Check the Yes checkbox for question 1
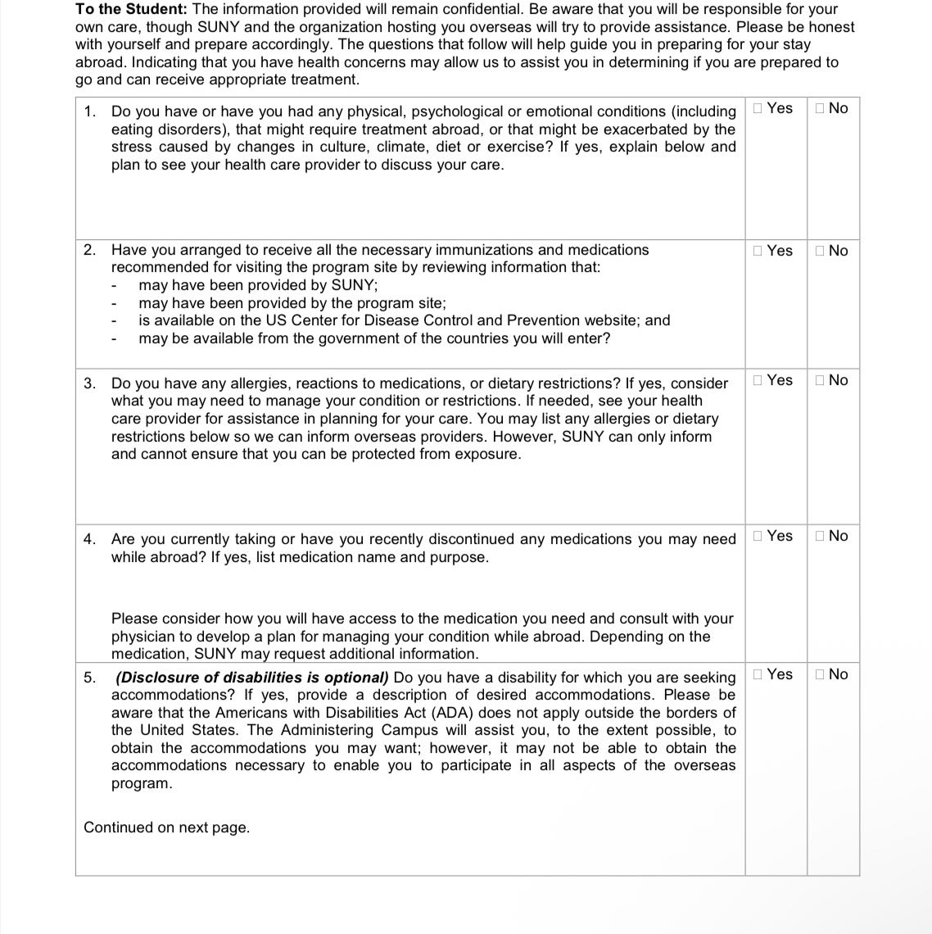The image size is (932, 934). (758, 108)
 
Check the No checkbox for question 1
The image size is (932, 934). (821, 108)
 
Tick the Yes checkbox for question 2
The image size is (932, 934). (758, 251)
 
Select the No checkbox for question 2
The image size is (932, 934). (821, 251)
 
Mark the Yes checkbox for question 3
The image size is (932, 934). (758, 380)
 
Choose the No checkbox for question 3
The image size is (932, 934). (821, 380)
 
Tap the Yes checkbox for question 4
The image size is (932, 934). (758, 536)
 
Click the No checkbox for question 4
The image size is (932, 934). (821, 536)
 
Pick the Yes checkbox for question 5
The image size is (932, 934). (758, 674)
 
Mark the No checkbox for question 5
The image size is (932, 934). (821, 674)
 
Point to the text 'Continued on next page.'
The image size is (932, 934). (166, 827)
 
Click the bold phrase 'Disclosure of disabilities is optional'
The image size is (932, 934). (252, 678)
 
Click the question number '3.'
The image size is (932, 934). (90, 383)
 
